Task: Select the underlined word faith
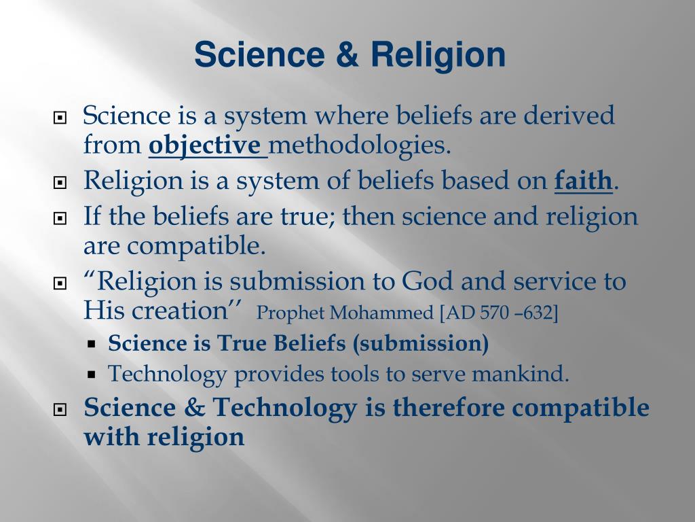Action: point(583,181)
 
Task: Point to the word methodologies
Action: point(360,145)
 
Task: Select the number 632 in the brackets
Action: point(539,313)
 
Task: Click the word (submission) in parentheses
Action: point(420,344)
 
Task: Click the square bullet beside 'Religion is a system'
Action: point(60,183)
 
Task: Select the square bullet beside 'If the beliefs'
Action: point(60,219)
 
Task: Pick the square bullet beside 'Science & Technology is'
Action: point(60,410)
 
